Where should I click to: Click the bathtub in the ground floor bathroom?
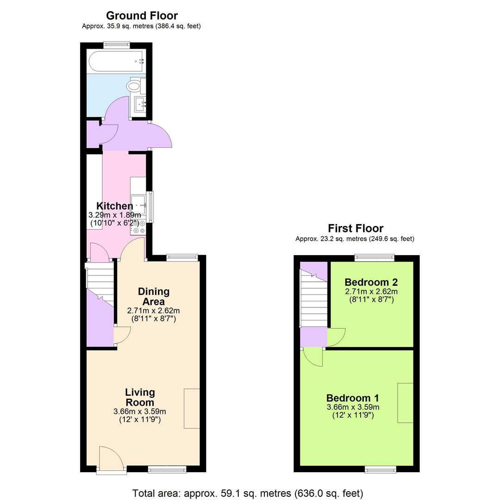click(116, 61)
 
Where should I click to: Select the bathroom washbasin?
click(140, 105)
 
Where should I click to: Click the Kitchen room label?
click(114, 206)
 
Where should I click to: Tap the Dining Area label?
click(154, 296)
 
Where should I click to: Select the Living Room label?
click(140, 397)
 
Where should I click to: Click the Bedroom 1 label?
click(353, 398)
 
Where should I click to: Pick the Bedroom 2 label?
click(371, 282)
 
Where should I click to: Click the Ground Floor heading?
click(142, 16)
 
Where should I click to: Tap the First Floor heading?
click(356, 228)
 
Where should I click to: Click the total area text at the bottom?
click(248, 493)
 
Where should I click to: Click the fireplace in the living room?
click(192, 408)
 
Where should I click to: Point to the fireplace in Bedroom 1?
click(405, 402)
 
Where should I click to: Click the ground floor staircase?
click(100, 285)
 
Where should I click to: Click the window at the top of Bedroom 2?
click(374, 258)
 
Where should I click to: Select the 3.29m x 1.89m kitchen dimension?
click(114, 215)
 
